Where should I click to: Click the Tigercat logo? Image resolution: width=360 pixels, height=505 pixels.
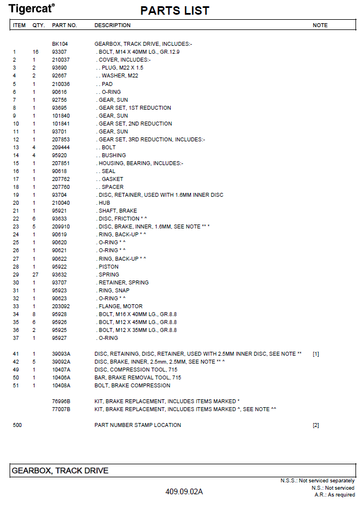(32, 8)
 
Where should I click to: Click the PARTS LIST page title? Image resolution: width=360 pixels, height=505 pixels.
(175, 11)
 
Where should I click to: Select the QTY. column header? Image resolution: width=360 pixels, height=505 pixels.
(38, 25)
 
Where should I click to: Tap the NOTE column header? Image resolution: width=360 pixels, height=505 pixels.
(320, 25)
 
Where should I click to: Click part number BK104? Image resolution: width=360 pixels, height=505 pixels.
(59, 44)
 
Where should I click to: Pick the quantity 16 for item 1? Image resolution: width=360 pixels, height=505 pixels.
(35, 51)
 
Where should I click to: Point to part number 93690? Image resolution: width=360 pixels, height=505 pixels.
(59, 67)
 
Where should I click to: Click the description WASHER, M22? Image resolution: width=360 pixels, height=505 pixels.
(118, 75)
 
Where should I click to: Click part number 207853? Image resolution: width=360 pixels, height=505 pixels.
(61, 139)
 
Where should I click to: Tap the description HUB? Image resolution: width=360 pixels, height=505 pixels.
(105, 202)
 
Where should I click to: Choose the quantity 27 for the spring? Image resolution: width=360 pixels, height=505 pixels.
(35, 274)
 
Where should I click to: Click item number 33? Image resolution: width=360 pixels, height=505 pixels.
(16, 306)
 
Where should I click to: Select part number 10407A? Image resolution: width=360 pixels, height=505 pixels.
(61, 369)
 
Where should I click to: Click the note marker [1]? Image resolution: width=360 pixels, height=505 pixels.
(316, 353)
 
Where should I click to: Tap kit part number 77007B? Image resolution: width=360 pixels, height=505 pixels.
(61, 409)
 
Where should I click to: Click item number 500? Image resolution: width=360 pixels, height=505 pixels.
(17, 425)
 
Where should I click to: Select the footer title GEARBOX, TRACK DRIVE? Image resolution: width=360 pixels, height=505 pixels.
(60, 471)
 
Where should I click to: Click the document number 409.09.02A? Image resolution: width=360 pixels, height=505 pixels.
(184, 491)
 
